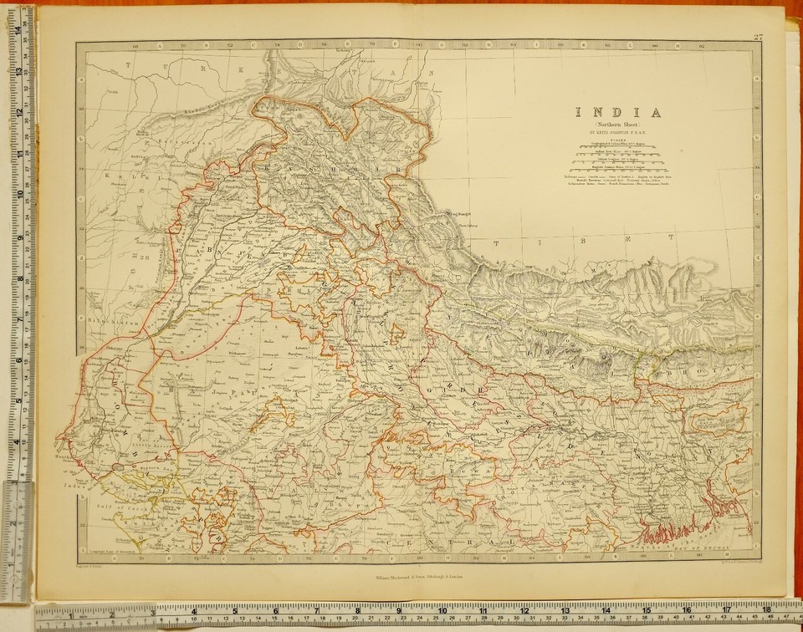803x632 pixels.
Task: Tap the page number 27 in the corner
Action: tap(758, 36)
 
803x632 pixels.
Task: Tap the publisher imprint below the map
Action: tap(410, 577)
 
